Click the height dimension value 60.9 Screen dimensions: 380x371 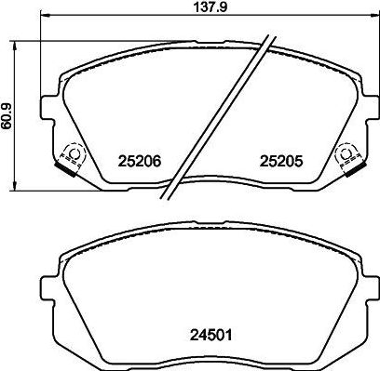point(7,116)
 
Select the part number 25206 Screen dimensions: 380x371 point(140,161)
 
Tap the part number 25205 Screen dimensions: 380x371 point(281,161)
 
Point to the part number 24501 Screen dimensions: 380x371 point(210,335)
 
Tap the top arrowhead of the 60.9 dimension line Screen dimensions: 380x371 point(15,46)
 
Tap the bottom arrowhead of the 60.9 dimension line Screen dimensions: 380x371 point(15,185)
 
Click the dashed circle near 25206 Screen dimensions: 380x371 point(75,153)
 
